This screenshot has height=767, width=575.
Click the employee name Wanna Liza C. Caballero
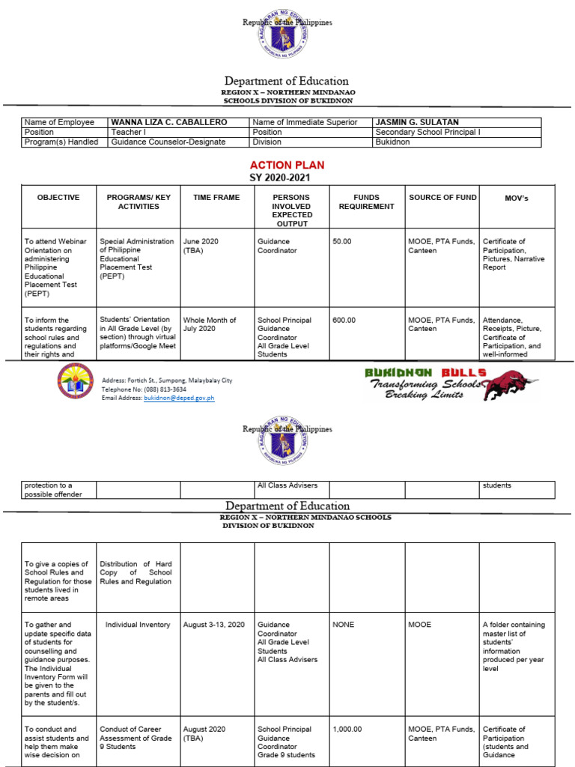(x=169, y=122)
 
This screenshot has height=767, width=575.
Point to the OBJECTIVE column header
(x=58, y=197)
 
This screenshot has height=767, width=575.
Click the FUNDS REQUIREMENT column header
(x=366, y=201)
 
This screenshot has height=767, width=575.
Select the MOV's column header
(x=517, y=197)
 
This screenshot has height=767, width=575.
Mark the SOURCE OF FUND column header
(x=442, y=197)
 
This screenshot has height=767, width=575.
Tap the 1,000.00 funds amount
(x=347, y=730)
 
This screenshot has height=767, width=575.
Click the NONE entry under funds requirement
(x=344, y=625)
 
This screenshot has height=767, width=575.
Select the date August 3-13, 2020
(x=214, y=625)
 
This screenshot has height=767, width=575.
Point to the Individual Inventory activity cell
(x=138, y=625)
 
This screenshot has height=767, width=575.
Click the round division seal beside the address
(x=76, y=380)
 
